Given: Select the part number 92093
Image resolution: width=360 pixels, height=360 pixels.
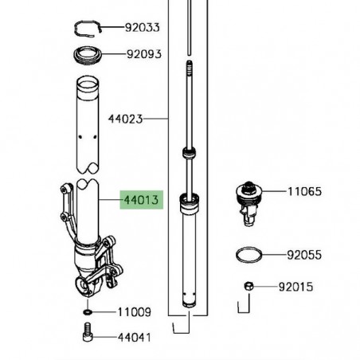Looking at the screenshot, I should [x=143, y=56].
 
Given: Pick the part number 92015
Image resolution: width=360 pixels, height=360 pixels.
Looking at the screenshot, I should [x=295, y=286].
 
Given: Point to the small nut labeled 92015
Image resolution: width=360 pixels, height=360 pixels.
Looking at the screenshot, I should [x=248, y=286].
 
